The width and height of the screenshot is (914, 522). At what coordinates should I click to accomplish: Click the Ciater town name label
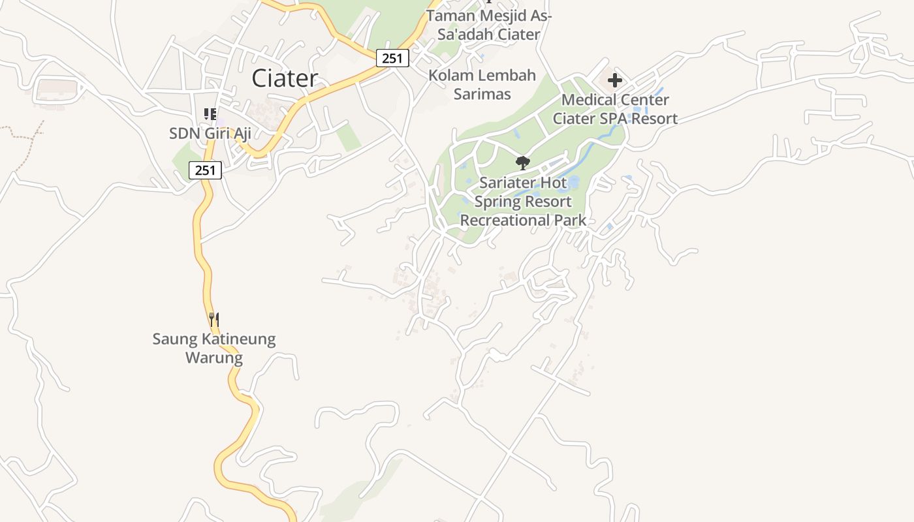pyautogui.click(x=285, y=78)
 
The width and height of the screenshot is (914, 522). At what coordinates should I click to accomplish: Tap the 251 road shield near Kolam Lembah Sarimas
pyautogui.click(x=392, y=58)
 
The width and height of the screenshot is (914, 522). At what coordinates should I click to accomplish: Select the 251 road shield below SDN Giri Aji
pyautogui.click(x=205, y=170)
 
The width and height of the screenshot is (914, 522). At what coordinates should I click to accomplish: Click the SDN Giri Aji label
pyautogui.click(x=210, y=133)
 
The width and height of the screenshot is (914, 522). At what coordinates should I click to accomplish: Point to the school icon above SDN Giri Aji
pyautogui.click(x=210, y=114)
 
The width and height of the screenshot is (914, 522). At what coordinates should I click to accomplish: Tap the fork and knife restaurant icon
pyautogui.click(x=213, y=319)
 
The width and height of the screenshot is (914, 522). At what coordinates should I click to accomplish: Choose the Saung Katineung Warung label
pyautogui.click(x=213, y=348)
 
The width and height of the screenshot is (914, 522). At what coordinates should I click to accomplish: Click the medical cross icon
pyautogui.click(x=614, y=81)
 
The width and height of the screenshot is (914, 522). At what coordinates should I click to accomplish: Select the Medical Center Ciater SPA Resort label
pyautogui.click(x=615, y=109)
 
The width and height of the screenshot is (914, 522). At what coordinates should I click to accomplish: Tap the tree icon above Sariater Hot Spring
pyautogui.click(x=522, y=162)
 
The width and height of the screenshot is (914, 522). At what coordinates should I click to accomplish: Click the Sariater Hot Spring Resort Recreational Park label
pyautogui.click(x=523, y=202)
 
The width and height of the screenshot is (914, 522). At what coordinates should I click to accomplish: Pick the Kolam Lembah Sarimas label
pyautogui.click(x=482, y=85)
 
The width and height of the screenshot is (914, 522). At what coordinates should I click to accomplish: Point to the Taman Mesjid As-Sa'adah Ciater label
pyautogui.click(x=488, y=25)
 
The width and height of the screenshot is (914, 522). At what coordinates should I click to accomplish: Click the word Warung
pyautogui.click(x=213, y=358)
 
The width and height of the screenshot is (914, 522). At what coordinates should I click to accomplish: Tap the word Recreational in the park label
pyautogui.click(x=505, y=221)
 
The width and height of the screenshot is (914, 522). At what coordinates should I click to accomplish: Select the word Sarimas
pyautogui.click(x=482, y=94)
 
